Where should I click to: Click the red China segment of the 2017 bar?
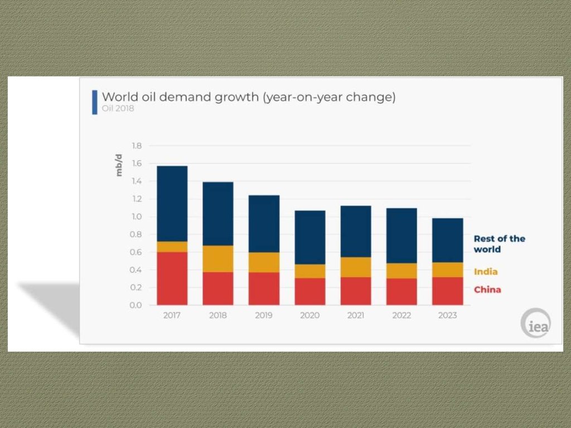coord(172,278)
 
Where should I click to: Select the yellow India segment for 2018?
coord(217,258)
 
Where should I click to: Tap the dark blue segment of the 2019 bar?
coord(264,224)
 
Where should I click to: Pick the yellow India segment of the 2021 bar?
coord(355,267)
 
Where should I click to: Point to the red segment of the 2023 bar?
coord(447,291)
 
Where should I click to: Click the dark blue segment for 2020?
coord(309,237)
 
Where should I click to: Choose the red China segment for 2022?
coord(401,291)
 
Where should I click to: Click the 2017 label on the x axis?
coord(172,315)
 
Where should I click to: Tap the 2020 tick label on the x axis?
coord(309,315)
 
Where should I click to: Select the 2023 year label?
coord(447,315)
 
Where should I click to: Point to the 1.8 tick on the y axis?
coord(136,146)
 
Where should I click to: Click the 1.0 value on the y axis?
coord(136,217)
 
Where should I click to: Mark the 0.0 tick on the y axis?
coord(136,305)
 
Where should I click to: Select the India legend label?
coord(485,272)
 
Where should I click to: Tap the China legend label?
coord(487,289)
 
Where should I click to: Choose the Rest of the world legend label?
coord(499,244)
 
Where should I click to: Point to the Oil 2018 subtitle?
coord(118,109)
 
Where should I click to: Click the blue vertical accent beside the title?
coord(95,102)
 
